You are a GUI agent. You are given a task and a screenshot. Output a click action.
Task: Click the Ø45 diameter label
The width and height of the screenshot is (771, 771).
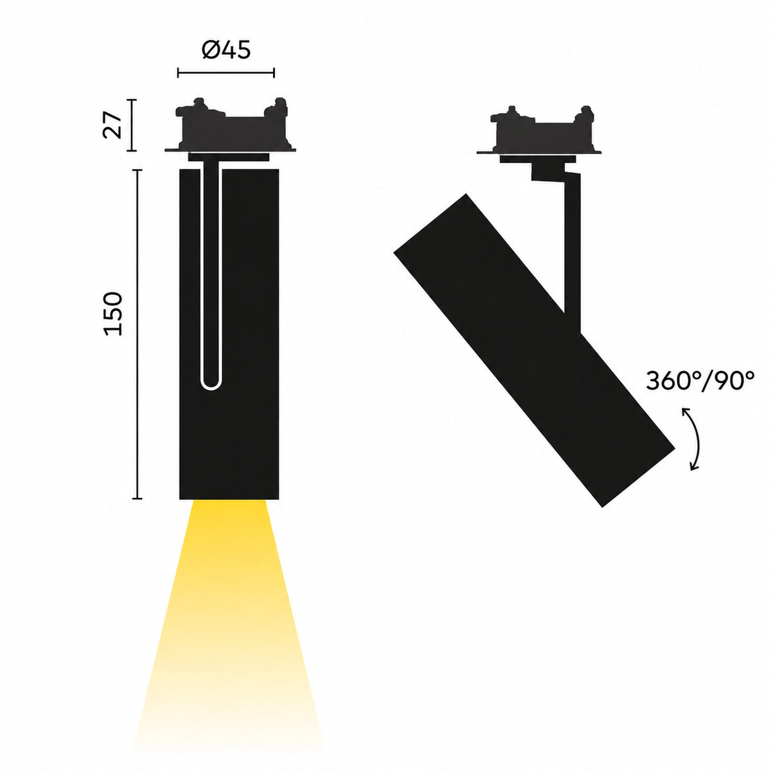tap(226, 50)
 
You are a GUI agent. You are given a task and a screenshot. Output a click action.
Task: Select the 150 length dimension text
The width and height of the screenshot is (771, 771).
tap(113, 314)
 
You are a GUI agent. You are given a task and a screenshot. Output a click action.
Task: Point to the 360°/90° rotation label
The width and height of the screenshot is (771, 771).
tap(700, 380)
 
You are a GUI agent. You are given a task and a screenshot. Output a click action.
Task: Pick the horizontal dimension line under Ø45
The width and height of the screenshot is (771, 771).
tap(226, 73)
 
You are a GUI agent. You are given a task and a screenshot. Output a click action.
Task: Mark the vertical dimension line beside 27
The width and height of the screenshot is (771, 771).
tap(132, 125)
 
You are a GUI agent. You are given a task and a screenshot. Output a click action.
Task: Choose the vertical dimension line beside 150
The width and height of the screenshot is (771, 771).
tap(137, 334)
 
